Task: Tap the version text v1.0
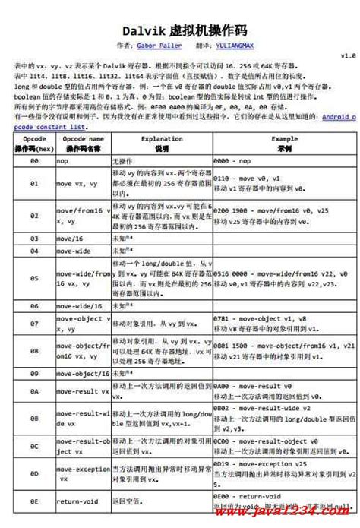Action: point(347,56)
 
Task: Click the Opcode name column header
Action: point(83,144)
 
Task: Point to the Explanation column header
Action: point(161,144)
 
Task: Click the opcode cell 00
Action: point(34,163)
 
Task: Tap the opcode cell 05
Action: point(34,279)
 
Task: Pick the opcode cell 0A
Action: point(34,391)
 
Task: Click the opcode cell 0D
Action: point(34,473)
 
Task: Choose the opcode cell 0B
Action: point(34,418)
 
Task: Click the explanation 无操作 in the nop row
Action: point(122,163)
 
